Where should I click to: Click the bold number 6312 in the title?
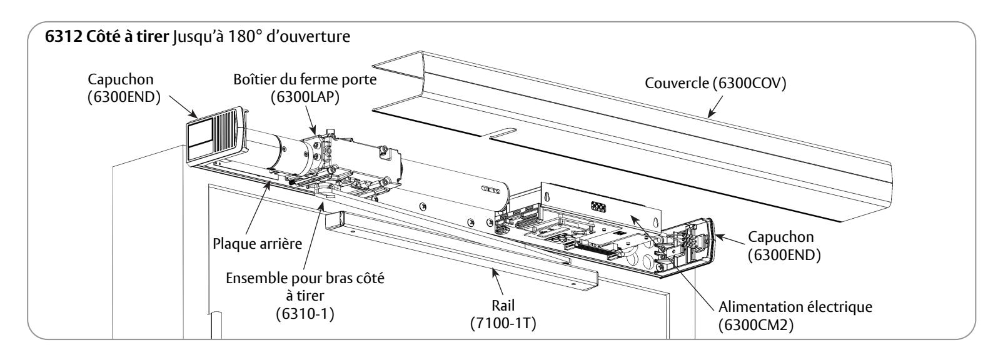click(x=64, y=36)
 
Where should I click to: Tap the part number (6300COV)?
click(x=749, y=83)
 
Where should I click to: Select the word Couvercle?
click(x=677, y=83)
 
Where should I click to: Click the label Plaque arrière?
click(x=257, y=244)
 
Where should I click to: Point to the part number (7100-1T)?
click(x=503, y=324)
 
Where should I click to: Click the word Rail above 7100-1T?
click(x=503, y=306)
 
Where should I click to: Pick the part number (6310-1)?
click(x=305, y=314)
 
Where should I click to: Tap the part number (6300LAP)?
click(x=305, y=97)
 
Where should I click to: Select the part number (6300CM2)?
click(x=756, y=325)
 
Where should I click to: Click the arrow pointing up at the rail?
click(x=498, y=282)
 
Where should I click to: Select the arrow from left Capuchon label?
click(x=183, y=106)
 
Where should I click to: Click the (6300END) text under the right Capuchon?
click(x=784, y=255)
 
